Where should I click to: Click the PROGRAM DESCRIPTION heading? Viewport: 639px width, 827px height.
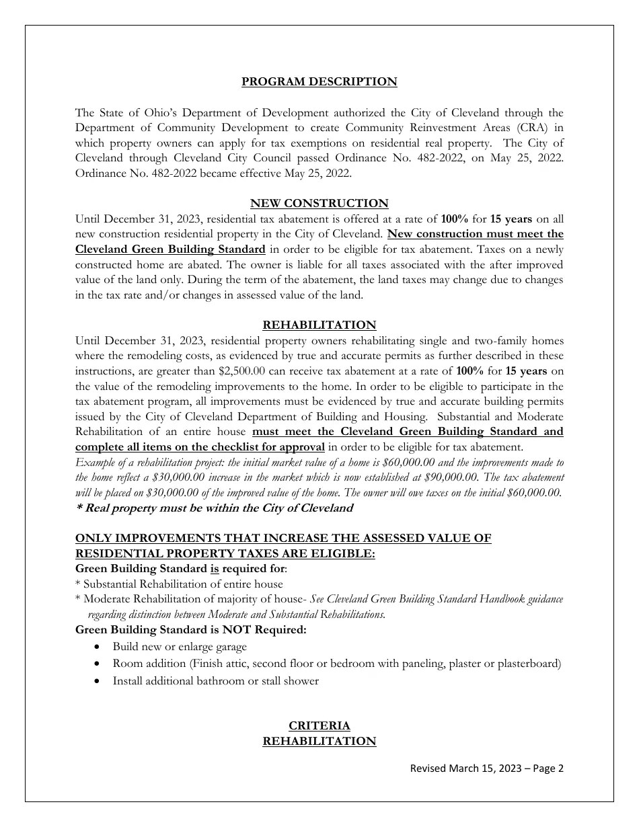tap(319, 82)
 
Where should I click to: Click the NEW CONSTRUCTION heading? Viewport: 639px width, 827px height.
tap(319, 203)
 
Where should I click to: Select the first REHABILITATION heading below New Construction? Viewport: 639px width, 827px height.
tap(319, 325)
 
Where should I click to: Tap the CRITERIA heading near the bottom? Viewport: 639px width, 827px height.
tap(319, 725)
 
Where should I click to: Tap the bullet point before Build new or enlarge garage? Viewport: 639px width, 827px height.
tap(99, 647)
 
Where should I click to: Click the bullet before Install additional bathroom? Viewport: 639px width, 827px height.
tap(99, 681)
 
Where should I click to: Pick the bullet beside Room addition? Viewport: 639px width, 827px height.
tap(99, 664)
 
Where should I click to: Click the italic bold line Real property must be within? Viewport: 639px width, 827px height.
tap(214, 508)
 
